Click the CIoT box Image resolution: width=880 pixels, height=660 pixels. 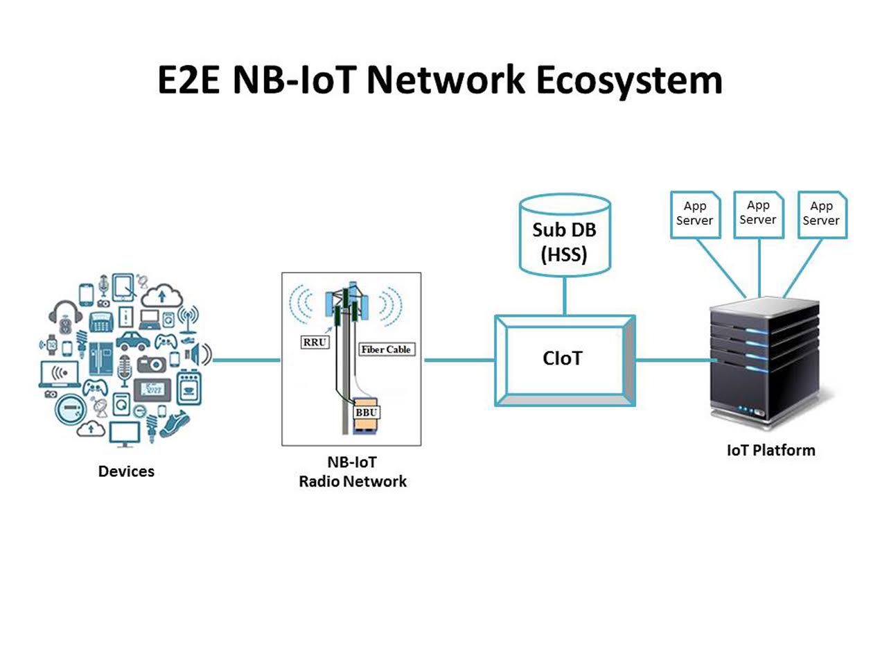pyautogui.click(x=564, y=359)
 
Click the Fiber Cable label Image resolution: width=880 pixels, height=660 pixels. pyautogui.click(x=385, y=349)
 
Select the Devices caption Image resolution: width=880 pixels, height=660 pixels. pyautogui.click(x=126, y=471)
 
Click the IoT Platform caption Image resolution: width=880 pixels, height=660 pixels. pyautogui.click(x=771, y=451)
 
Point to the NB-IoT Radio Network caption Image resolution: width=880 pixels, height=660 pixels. pyautogui.click(x=352, y=471)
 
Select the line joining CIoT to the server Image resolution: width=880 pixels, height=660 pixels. pyautogui.click(x=675, y=360)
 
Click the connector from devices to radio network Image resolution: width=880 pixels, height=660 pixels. pyautogui.click(x=245, y=360)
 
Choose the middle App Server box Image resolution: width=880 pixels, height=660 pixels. pyautogui.click(x=758, y=214)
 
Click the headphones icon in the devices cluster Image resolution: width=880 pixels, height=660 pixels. pyautogui.click(x=65, y=312)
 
